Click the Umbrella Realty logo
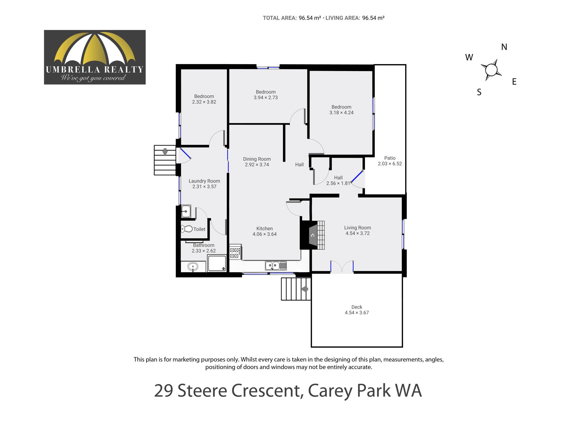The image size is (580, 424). pyautogui.click(x=95, y=57)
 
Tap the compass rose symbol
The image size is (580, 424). pyautogui.click(x=491, y=70)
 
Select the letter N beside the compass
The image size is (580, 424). pyautogui.click(x=504, y=47)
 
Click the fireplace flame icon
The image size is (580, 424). pyautogui.click(x=313, y=235)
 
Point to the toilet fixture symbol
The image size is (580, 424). pyautogui.click(x=187, y=229)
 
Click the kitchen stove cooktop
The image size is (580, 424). pyautogui.click(x=235, y=252)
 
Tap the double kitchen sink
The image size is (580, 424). pyautogui.click(x=276, y=266)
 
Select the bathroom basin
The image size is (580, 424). pyautogui.click(x=193, y=267)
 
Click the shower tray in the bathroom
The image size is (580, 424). pyautogui.click(x=217, y=263)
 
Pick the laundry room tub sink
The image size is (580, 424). pyautogui.click(x=186, y=211)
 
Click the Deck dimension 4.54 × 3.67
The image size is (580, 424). pyautogui.click(x=357, y=313)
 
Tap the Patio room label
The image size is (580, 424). pyautogui.click(x=390, y=158)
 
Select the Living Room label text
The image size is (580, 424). pyautogui.click(x=357, y=228)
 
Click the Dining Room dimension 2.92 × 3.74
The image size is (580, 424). pyautogui.click(x=257, y=165)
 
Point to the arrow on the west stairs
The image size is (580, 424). pyautogui.click(x=165, y=152)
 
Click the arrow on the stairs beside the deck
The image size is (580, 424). pyautogui.click(x=304, y=289)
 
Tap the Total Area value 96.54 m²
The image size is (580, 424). pyautogui.click(x=310, y=18)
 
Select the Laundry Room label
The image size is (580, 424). pyautogui.click(x=204, y=181)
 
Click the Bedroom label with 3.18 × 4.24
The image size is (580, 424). pyautogui.click(x=341, y=107)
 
